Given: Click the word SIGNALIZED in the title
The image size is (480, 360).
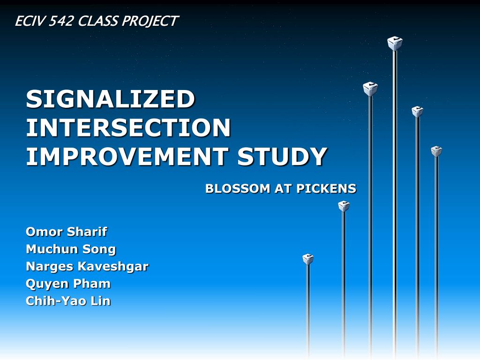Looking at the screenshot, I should tap(110, 99).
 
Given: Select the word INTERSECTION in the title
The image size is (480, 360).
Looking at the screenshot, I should tap(128, 127).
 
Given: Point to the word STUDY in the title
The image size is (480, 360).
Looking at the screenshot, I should tap(282, 157).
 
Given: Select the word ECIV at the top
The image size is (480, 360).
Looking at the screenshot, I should tap(28, 21).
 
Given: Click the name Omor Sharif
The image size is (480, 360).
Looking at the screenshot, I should tap(66, 232).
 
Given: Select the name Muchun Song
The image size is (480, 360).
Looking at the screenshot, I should tap(71, 249).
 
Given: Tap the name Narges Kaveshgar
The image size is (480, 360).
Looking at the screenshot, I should tap(87, 266).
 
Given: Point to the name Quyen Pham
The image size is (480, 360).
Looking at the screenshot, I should tap(68, 284).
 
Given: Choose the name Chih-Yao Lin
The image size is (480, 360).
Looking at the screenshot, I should tap(68, 301).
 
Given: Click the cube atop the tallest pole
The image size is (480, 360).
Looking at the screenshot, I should tap(395, 44).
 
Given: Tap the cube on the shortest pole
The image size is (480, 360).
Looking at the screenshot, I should tap(308, 259).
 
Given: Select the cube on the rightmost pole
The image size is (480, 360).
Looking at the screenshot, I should tap(436, 151).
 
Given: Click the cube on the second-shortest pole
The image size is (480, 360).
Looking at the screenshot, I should tap(344, 206).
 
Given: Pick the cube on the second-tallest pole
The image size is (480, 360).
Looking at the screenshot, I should tap(370, 89).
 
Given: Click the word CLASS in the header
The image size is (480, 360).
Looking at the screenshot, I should tap(98, 21).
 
